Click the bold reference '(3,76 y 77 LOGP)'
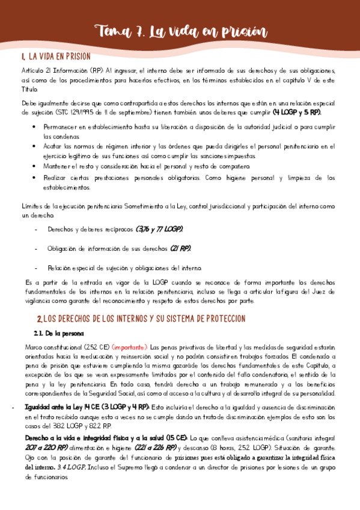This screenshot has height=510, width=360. (x=160, y=230)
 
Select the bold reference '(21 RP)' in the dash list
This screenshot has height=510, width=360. (x=180, y=248)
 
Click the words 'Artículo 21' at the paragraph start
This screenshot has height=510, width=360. (x=34, y=71)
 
